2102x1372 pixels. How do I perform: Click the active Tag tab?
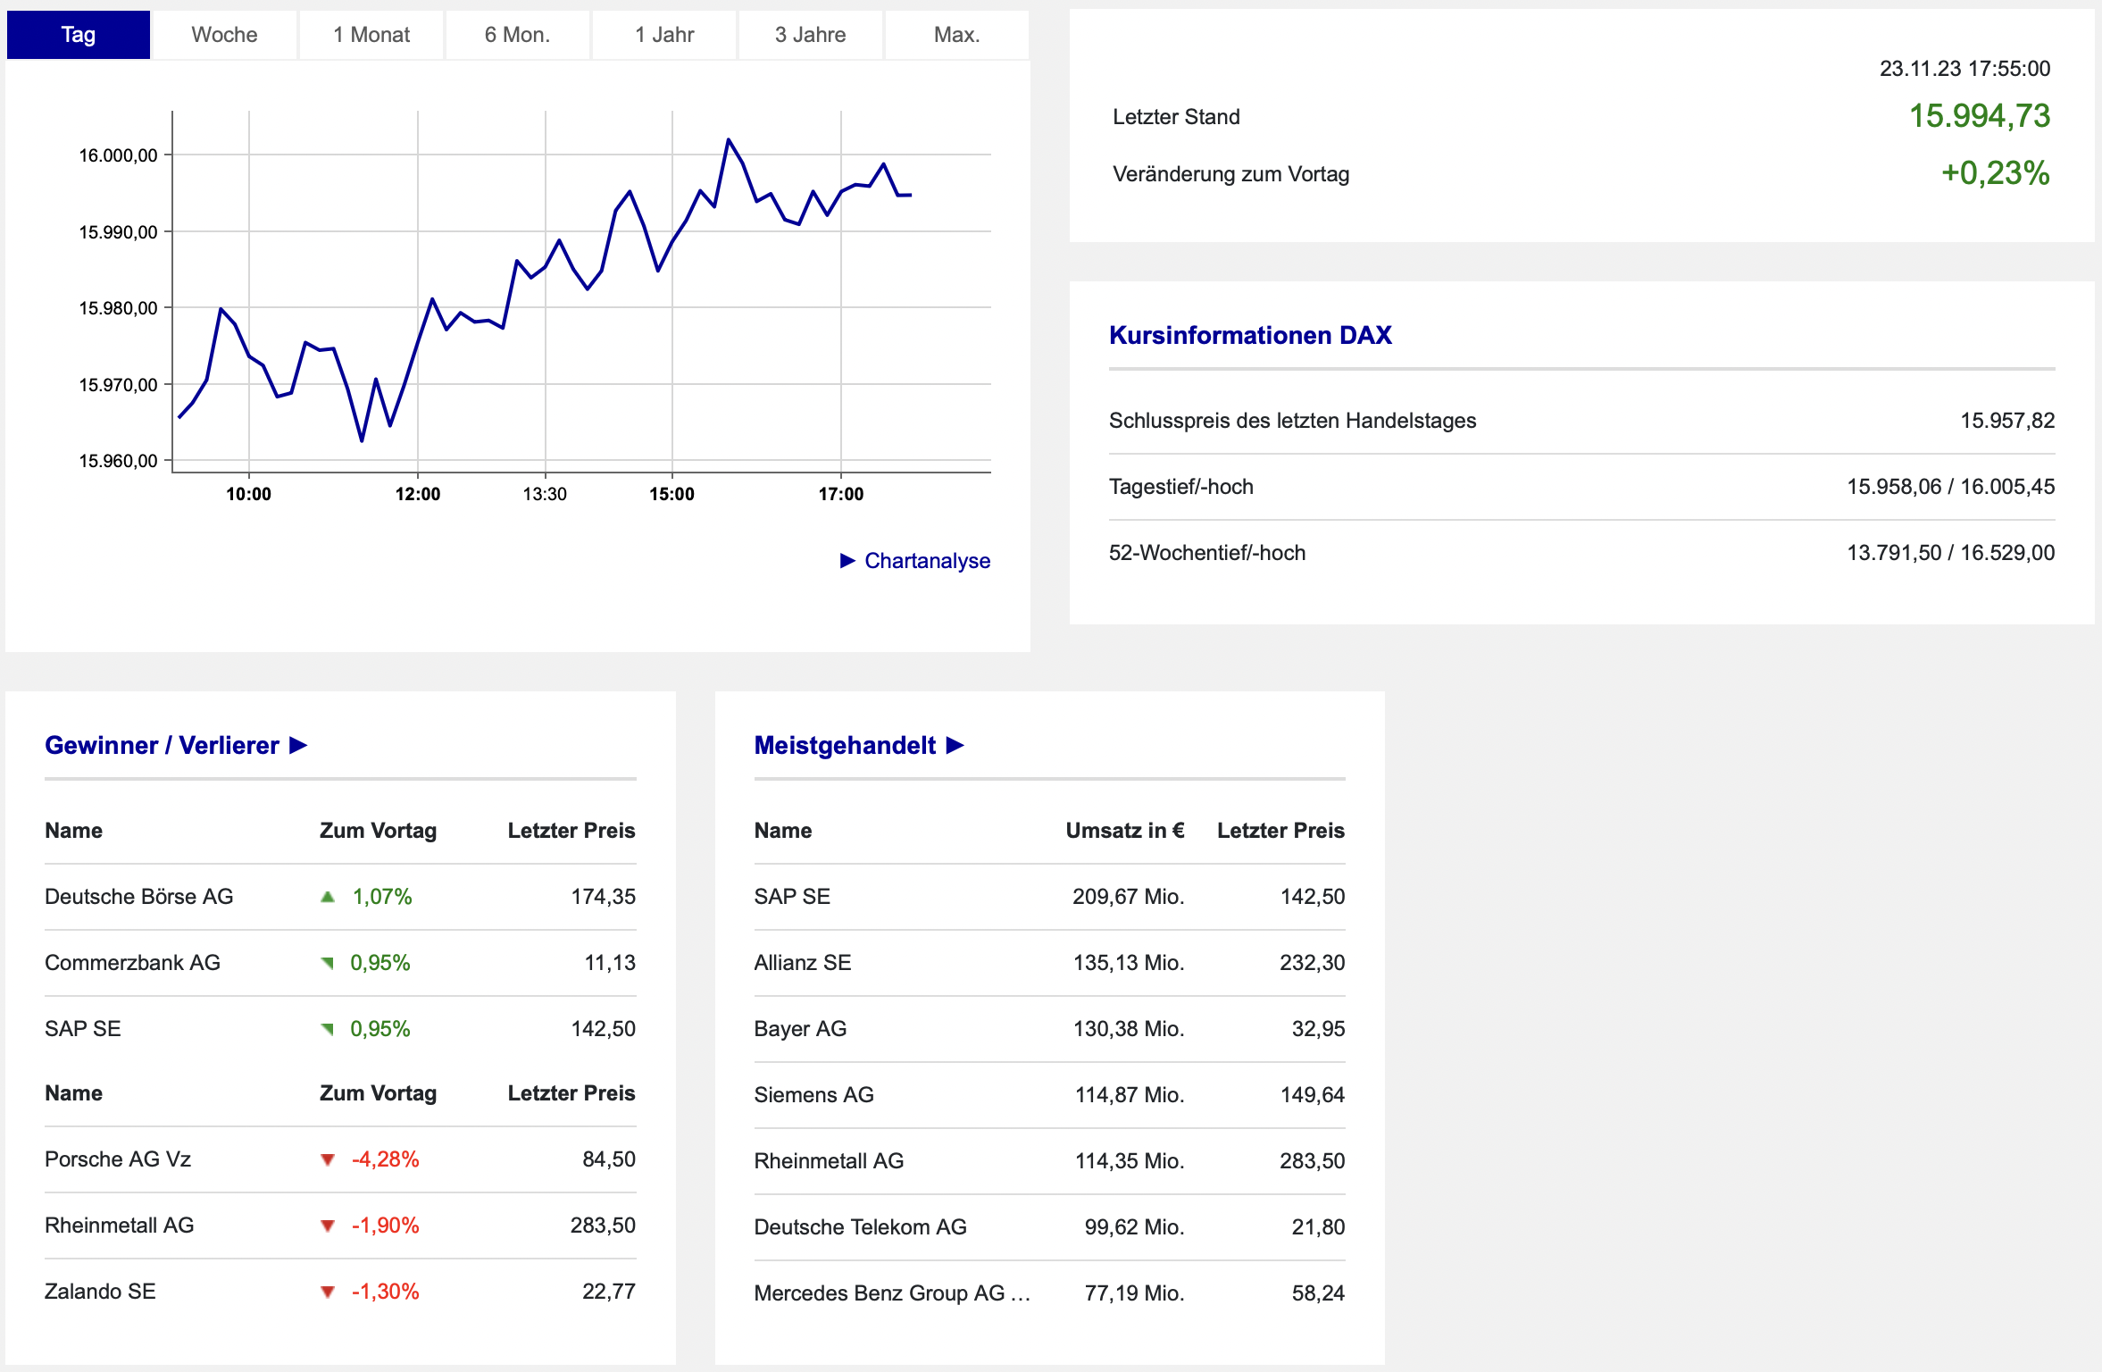tap(79, 35)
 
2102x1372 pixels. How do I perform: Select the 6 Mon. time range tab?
tap(517, 35)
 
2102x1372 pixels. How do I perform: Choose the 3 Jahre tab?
tap(810, 35)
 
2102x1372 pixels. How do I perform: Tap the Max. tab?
tap(956, 35)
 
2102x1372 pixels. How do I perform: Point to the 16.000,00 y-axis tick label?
tap(118, 155)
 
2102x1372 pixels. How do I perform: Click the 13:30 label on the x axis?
tap(545, 494)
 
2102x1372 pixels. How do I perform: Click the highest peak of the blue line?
tap(729, 139)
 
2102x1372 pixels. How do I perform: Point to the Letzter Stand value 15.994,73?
tap(1980, 116)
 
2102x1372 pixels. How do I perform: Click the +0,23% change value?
tap(1996, 173)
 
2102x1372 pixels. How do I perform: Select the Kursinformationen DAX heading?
tap(1250, 335)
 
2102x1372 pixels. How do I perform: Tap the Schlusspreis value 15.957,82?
tap(2007, 421)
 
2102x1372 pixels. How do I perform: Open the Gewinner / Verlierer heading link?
tap(176, 745)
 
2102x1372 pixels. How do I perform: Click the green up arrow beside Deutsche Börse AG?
tap(328, 897)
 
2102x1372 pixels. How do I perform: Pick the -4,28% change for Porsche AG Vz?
tap(385, 1159)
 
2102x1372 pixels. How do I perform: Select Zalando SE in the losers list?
tap(100, 1292)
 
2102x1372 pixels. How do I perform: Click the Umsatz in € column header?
tap(1125, 831)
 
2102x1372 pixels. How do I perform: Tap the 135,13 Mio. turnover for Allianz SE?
tap(1129, 963)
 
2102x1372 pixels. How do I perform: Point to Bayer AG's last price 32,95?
tap(1318, 1029)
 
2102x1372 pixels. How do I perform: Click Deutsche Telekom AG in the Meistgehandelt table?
tap(860, 1227)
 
